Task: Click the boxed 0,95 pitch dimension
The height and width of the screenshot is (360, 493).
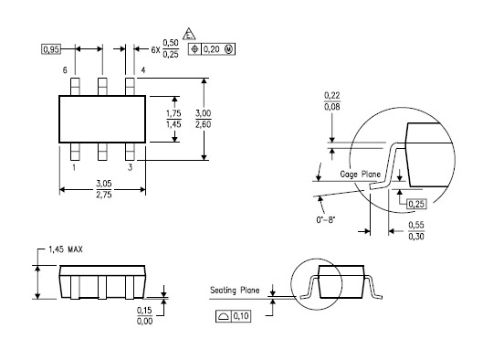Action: [x=50, y=49]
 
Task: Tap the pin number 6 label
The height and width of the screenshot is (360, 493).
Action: [x=65, y=70]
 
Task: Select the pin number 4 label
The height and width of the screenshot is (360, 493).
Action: [x=143, y=70]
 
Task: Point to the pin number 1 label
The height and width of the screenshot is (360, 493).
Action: [x=74, y=167]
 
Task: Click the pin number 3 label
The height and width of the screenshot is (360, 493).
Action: [x=130, y=167]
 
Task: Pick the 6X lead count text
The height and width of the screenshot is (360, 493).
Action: [x=155, y=49]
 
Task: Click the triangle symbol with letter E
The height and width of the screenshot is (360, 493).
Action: [x=189, y=34]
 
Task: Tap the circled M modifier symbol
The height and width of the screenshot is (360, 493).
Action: [x=228, y=49]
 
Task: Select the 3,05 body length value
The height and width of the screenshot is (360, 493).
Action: [x=104, y=183]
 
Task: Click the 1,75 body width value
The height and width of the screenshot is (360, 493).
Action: [x=173, y=113]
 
